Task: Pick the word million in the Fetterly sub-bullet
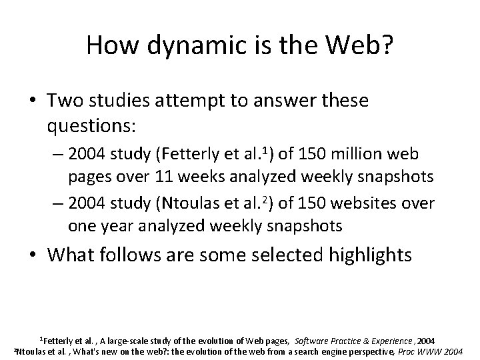coord(353,154)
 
